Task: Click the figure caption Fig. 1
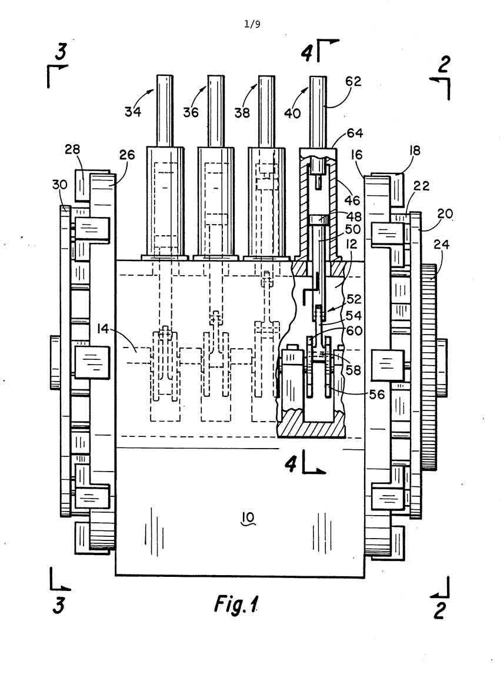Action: tap(236, 604)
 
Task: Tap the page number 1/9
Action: tap(252, 25)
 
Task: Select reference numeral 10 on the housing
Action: tap(247, 517)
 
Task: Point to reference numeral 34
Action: tap(133, 112)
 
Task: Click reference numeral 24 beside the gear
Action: tap(441, 244)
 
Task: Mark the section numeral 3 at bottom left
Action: tap(59, 605)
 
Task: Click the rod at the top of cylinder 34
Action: tap(165, 110)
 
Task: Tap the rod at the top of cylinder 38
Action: tap(267, 110)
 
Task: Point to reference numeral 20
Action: tap(444, 215)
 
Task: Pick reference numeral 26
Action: tap(126, 156)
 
